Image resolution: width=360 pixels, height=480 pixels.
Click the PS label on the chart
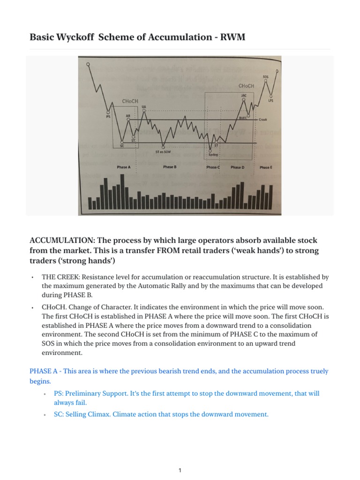click(x=108, y=117)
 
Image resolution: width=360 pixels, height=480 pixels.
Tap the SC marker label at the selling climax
click(x=122, y=146)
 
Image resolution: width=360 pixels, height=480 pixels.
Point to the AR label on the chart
click(x=128, y=115)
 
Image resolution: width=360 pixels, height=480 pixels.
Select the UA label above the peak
click(x=143, y=107)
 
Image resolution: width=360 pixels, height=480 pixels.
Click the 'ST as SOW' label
click(x=163, y=151)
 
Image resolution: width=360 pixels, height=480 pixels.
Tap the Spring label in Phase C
click(x=213, y=154)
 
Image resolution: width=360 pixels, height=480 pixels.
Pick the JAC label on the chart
click(x=244, y=96)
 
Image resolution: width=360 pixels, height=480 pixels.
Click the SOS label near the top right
click(x=266, y=76)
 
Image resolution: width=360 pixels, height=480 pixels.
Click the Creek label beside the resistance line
click(x=263, y=120)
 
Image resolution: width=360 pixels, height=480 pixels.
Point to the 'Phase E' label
click(x=265, y=167)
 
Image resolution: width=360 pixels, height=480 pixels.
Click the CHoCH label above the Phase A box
click(x=130, y=101)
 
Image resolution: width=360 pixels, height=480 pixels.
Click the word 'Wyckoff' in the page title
click(x=74, y=37)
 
